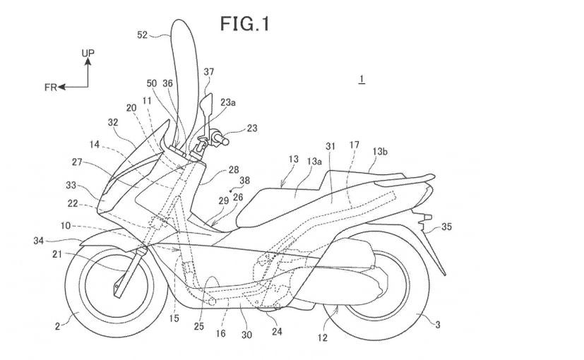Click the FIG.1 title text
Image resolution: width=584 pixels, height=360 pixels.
coord(245,24)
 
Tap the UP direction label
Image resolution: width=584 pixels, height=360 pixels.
coord(88,53)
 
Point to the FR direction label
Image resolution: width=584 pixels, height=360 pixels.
coord(50,88)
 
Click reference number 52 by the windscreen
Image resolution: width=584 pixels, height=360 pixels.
coord(143,35)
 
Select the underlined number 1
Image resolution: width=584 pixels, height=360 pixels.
coord(362,79)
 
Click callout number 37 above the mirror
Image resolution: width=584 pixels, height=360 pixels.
coord(209,72)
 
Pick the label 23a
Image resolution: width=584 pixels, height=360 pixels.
coord(228,102)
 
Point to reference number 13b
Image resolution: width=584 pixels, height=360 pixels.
coord(380,152)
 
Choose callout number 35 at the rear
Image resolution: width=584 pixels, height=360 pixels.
coord(446,227)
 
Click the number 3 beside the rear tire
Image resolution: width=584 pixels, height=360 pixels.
coord(438,325)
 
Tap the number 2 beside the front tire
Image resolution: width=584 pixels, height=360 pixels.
coord(57,327)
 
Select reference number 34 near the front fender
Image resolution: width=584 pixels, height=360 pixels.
coord(39,241)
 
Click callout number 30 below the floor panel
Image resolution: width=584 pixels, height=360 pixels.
coord(246,335)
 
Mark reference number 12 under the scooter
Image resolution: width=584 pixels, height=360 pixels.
coord(323,337)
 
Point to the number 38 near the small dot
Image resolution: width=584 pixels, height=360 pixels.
coord(245,181)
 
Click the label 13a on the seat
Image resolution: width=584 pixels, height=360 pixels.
coord(314,161)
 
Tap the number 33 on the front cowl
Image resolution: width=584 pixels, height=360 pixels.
coord(71,185)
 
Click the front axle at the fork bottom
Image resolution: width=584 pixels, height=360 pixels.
coord(117,286)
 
